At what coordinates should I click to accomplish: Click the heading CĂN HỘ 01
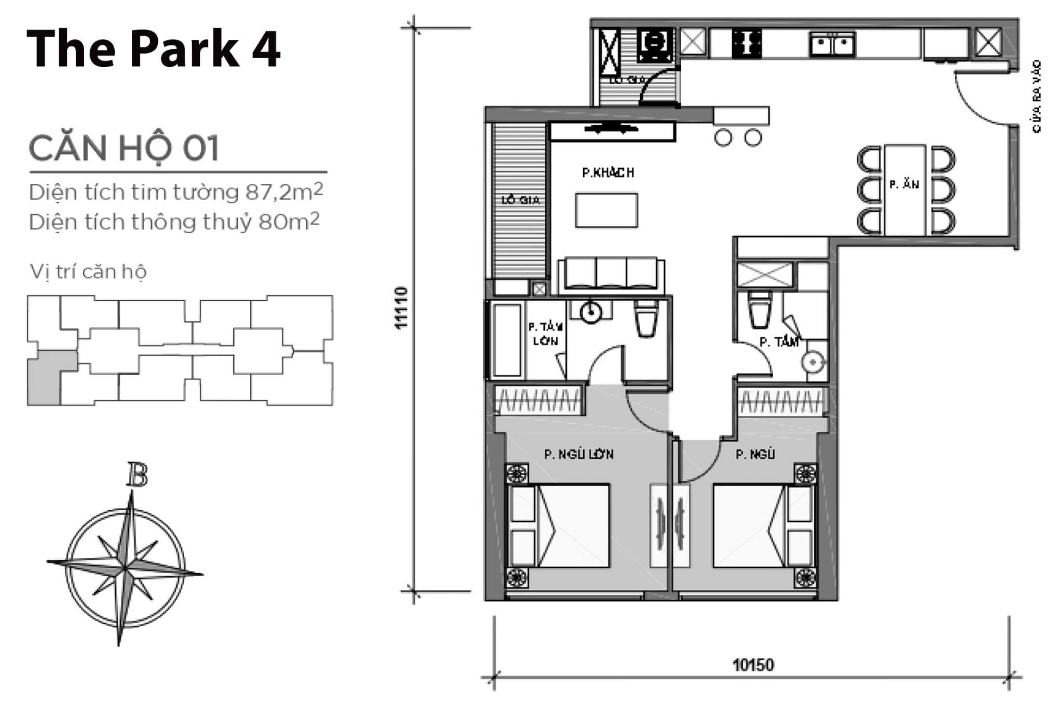click(124, 148)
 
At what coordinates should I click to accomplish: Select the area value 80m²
click(289, 222)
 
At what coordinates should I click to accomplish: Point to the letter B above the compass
click(136, 475)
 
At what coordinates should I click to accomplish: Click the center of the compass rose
click(125, 567)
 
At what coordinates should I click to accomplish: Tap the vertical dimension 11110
click(402, 308)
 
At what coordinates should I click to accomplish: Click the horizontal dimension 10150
click(753, 664)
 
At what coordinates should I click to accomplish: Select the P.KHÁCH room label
click(608, 173)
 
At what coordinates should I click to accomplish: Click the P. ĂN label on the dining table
click(904, 184)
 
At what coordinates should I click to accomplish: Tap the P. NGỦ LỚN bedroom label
click(579, 455)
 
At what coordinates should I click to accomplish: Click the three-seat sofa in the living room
click(611, 275)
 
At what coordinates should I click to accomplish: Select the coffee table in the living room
click(606, 210)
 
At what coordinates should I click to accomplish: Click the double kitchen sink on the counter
click(832, 44)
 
